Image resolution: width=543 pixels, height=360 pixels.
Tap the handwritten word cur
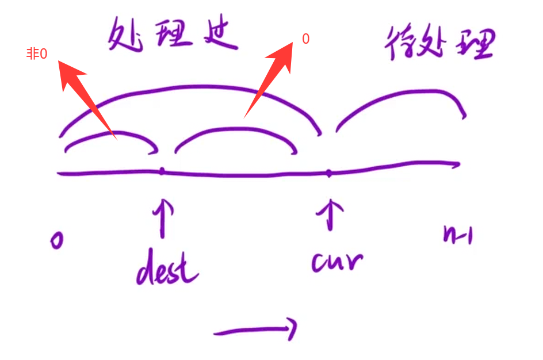pos(337,261)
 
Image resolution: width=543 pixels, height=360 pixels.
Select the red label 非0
pos(37,54)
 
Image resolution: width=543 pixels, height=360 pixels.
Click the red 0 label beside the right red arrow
pos(305,39)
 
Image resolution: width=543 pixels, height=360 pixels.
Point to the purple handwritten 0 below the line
pos(56,240)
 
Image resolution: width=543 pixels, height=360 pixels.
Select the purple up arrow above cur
pos(330,214)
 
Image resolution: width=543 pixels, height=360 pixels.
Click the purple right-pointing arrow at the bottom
pos(255,330)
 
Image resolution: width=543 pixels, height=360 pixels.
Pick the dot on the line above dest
pos(162,171)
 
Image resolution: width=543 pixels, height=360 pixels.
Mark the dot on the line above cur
pos(328,173)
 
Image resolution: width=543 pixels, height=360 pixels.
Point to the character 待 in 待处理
pos(399,43)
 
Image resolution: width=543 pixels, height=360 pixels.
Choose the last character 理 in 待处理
pos(475,44)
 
